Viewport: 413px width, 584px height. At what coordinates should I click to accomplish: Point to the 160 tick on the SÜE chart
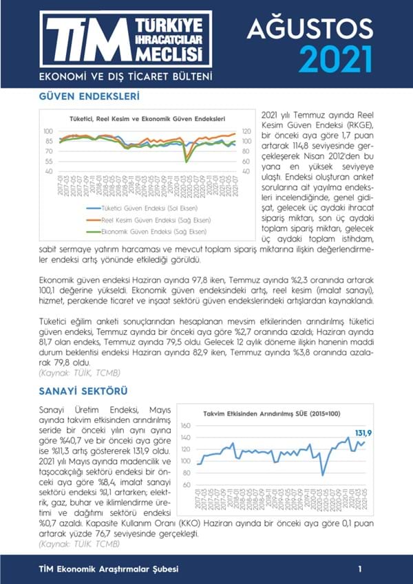[x=184, y=426]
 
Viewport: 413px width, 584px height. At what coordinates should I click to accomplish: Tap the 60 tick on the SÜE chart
[x=186, y=485]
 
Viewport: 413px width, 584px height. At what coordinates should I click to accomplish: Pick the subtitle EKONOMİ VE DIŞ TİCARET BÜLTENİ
[x=125, y=75]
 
